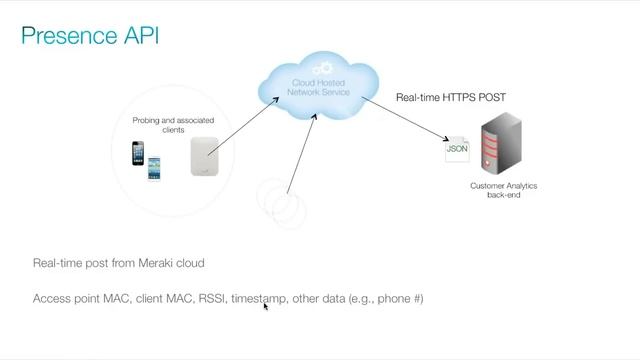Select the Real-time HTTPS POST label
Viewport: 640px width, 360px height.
[451, 97]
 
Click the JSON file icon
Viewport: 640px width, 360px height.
[457, 149]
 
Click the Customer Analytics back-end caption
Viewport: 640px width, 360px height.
[496, 190]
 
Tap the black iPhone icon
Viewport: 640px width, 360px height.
[139, 153]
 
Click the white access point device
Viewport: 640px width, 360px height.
[204, 156]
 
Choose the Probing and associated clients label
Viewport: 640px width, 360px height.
[173, 125]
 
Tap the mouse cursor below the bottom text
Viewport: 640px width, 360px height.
[265, 307]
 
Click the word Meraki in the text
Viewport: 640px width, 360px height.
[153, 263]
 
